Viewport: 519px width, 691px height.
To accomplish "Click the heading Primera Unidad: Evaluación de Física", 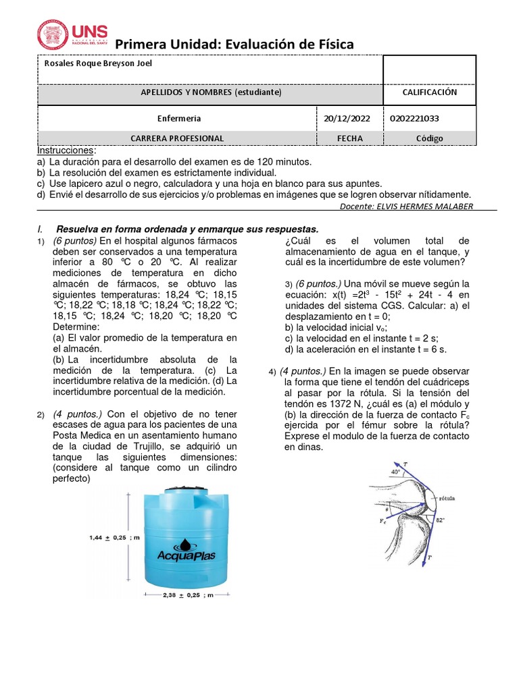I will coord(234,45).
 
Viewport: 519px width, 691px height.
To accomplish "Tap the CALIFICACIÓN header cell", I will coord(430,92).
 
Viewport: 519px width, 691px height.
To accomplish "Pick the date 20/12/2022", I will coord(347,118).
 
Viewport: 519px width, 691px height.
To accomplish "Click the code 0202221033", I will coord(414,118).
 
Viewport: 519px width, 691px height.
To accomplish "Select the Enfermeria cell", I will coord(178,118).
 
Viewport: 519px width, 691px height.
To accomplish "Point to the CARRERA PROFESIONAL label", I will coord(177,138).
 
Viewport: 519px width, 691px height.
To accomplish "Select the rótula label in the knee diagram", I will coord(446,499).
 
